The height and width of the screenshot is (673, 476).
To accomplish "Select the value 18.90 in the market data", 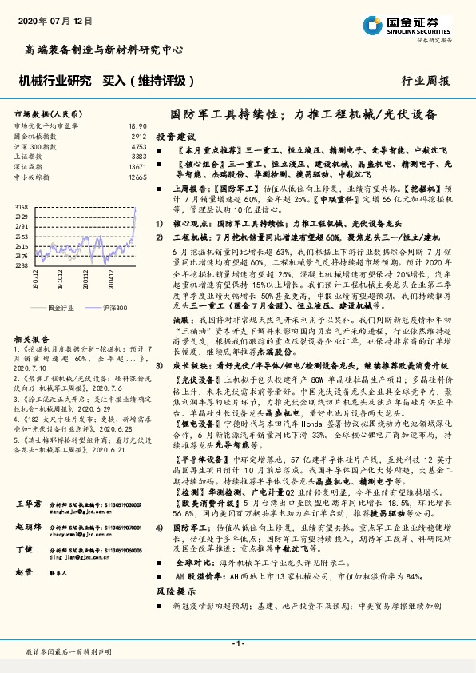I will click(137, 126).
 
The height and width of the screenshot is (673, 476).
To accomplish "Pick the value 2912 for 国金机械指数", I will click(139, 137).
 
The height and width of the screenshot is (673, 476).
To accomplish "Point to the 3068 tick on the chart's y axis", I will click(22, 207).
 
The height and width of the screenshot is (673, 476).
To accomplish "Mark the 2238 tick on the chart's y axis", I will click(22, 265).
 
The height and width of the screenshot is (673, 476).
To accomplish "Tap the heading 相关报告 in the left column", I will click(31, 340).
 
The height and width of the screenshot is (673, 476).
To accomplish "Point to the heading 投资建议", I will click(175, 137).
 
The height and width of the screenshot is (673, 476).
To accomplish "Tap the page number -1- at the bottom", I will click(238, 643).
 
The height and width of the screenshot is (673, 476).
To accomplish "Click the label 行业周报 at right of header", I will click(425, 81).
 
